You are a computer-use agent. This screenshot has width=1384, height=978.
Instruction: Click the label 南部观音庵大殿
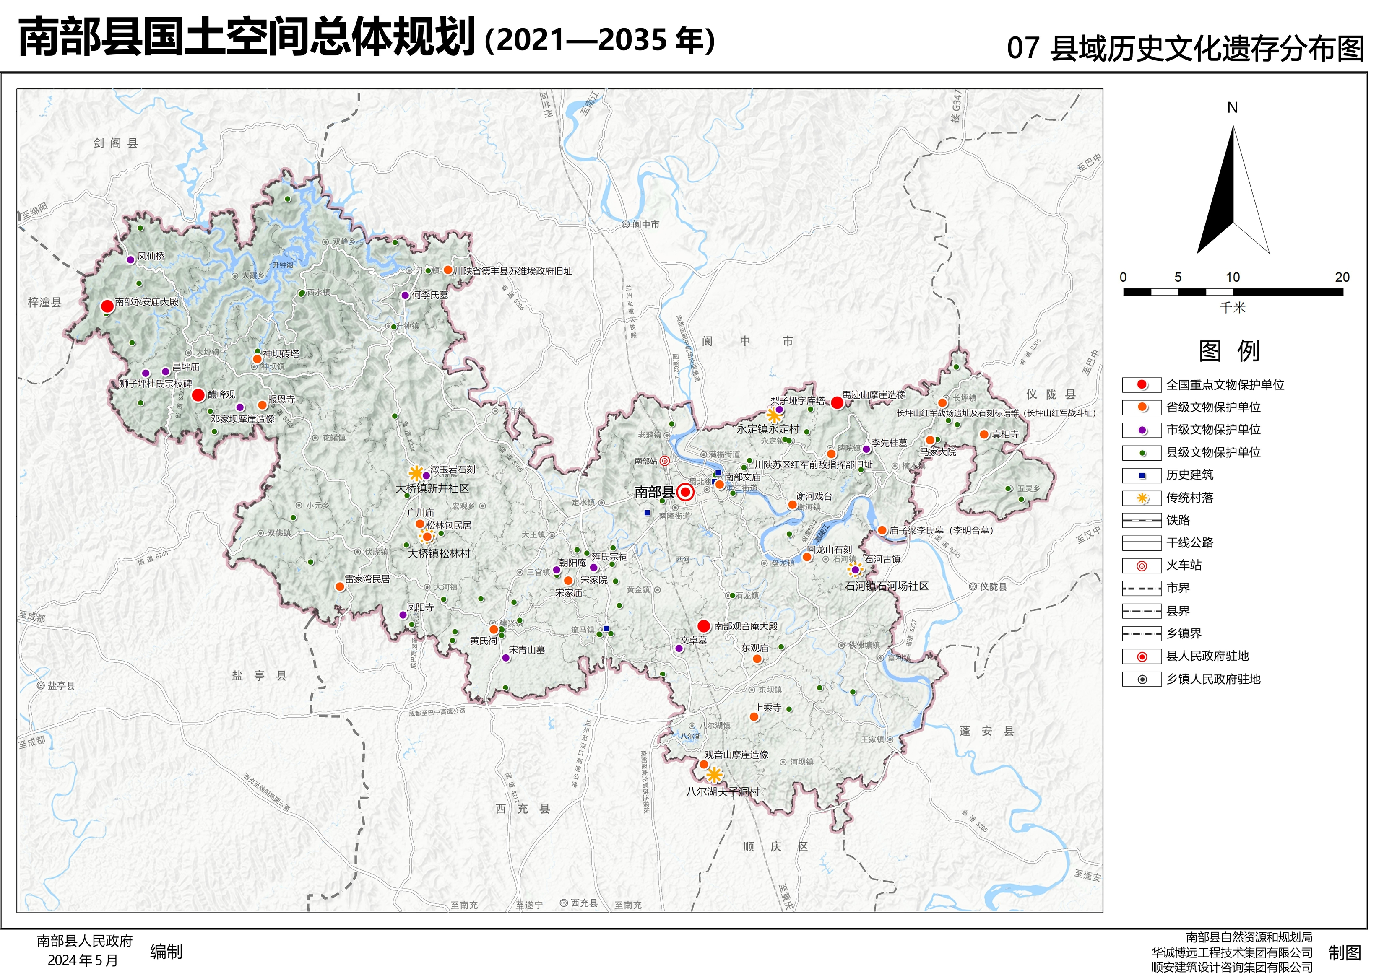point(746,627)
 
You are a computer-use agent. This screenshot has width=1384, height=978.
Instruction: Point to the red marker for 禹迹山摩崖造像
point(837,402)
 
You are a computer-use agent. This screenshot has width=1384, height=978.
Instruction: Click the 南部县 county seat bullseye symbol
point(685,492)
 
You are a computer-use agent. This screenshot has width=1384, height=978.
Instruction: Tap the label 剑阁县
point(116,143)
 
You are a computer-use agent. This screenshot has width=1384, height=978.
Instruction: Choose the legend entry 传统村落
point(1189,498)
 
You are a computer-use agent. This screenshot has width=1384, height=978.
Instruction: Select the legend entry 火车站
point(1183,565)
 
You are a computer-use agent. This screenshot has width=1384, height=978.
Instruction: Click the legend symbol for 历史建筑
point(1142,475)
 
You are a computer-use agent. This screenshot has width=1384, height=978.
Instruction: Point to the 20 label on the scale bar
point(1342,277)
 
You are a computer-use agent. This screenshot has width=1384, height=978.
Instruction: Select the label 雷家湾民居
point(367,579)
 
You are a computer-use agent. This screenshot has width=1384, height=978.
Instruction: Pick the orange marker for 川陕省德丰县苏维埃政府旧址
point(448,270)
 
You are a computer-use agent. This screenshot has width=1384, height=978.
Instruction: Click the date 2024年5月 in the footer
point(83,960)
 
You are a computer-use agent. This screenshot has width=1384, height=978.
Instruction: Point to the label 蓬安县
point(987,732)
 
